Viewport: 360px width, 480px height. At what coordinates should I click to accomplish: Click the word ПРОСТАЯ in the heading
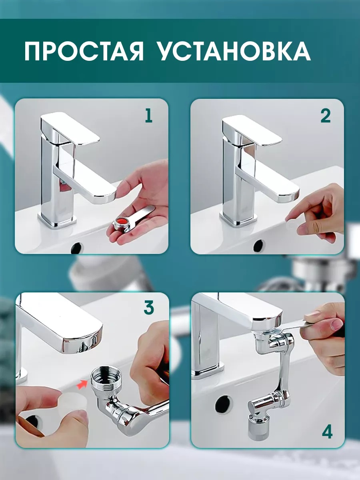84,51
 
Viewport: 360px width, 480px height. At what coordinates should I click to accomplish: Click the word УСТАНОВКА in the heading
234,51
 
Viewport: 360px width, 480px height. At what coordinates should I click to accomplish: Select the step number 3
149,308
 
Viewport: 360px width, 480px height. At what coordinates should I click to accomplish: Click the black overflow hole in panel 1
77,247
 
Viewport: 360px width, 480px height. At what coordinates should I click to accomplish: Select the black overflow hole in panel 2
258,246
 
